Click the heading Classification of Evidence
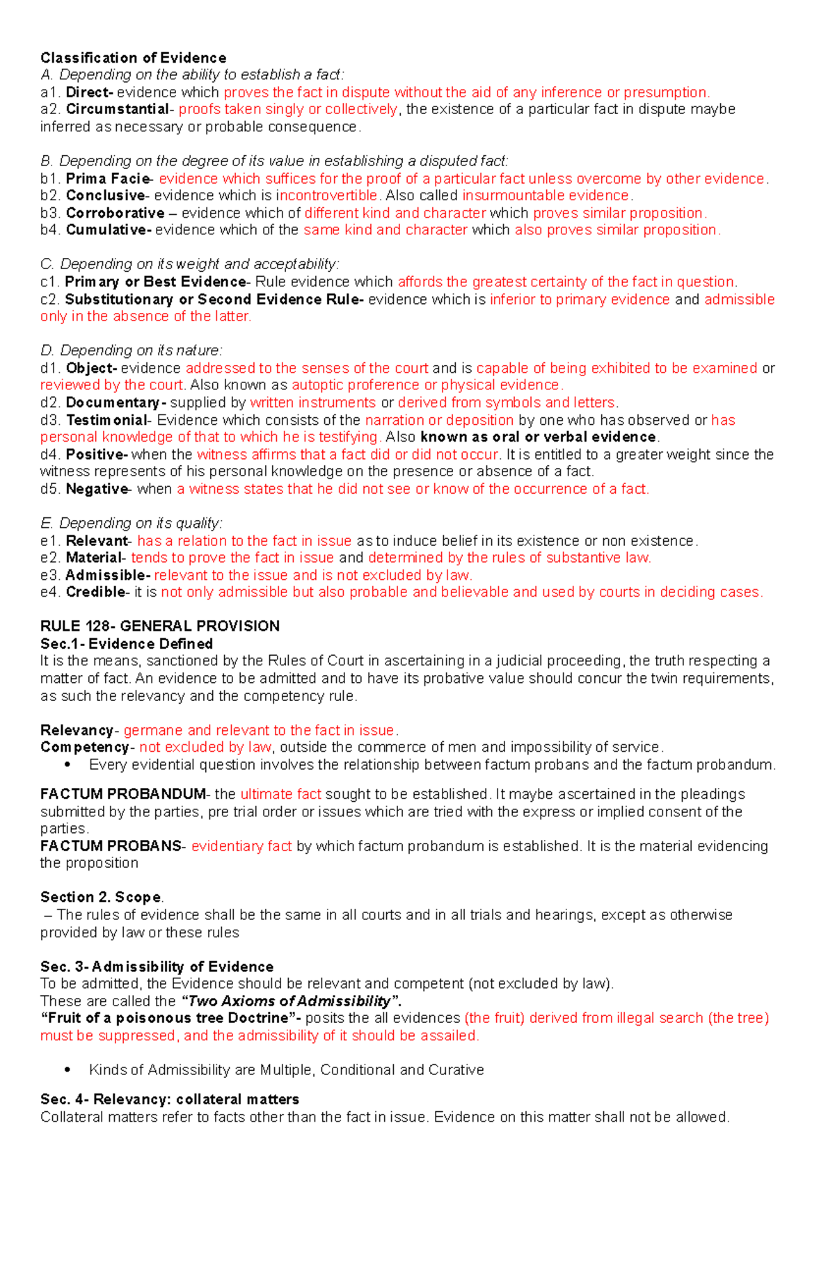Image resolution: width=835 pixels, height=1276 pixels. click(133, 58)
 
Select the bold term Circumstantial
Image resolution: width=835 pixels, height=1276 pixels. click(117, 109)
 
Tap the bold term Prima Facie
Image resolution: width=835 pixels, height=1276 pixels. click(108, 179)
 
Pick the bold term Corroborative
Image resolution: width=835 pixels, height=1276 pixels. click(115, 213)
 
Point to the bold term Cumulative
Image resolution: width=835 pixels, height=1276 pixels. click(108, 230)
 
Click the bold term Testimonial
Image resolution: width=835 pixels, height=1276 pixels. click(106, 420)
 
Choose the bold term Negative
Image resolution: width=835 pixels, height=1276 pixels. click(97, 489)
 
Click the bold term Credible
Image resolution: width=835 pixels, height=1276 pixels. click(95, 592)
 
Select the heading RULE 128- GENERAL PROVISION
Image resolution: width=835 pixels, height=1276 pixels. click(160, 626)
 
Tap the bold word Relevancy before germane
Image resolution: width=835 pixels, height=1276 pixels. click(77, 730)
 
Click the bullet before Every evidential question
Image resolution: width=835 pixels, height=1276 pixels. click(67, 765)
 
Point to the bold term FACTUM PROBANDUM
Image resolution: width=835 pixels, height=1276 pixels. click(122, 794)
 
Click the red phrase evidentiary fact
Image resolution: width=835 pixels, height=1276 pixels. click(241, 846)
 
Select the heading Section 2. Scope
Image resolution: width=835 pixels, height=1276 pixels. click(101, 897)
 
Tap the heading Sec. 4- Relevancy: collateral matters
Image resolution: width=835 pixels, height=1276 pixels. click(170, 1099)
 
